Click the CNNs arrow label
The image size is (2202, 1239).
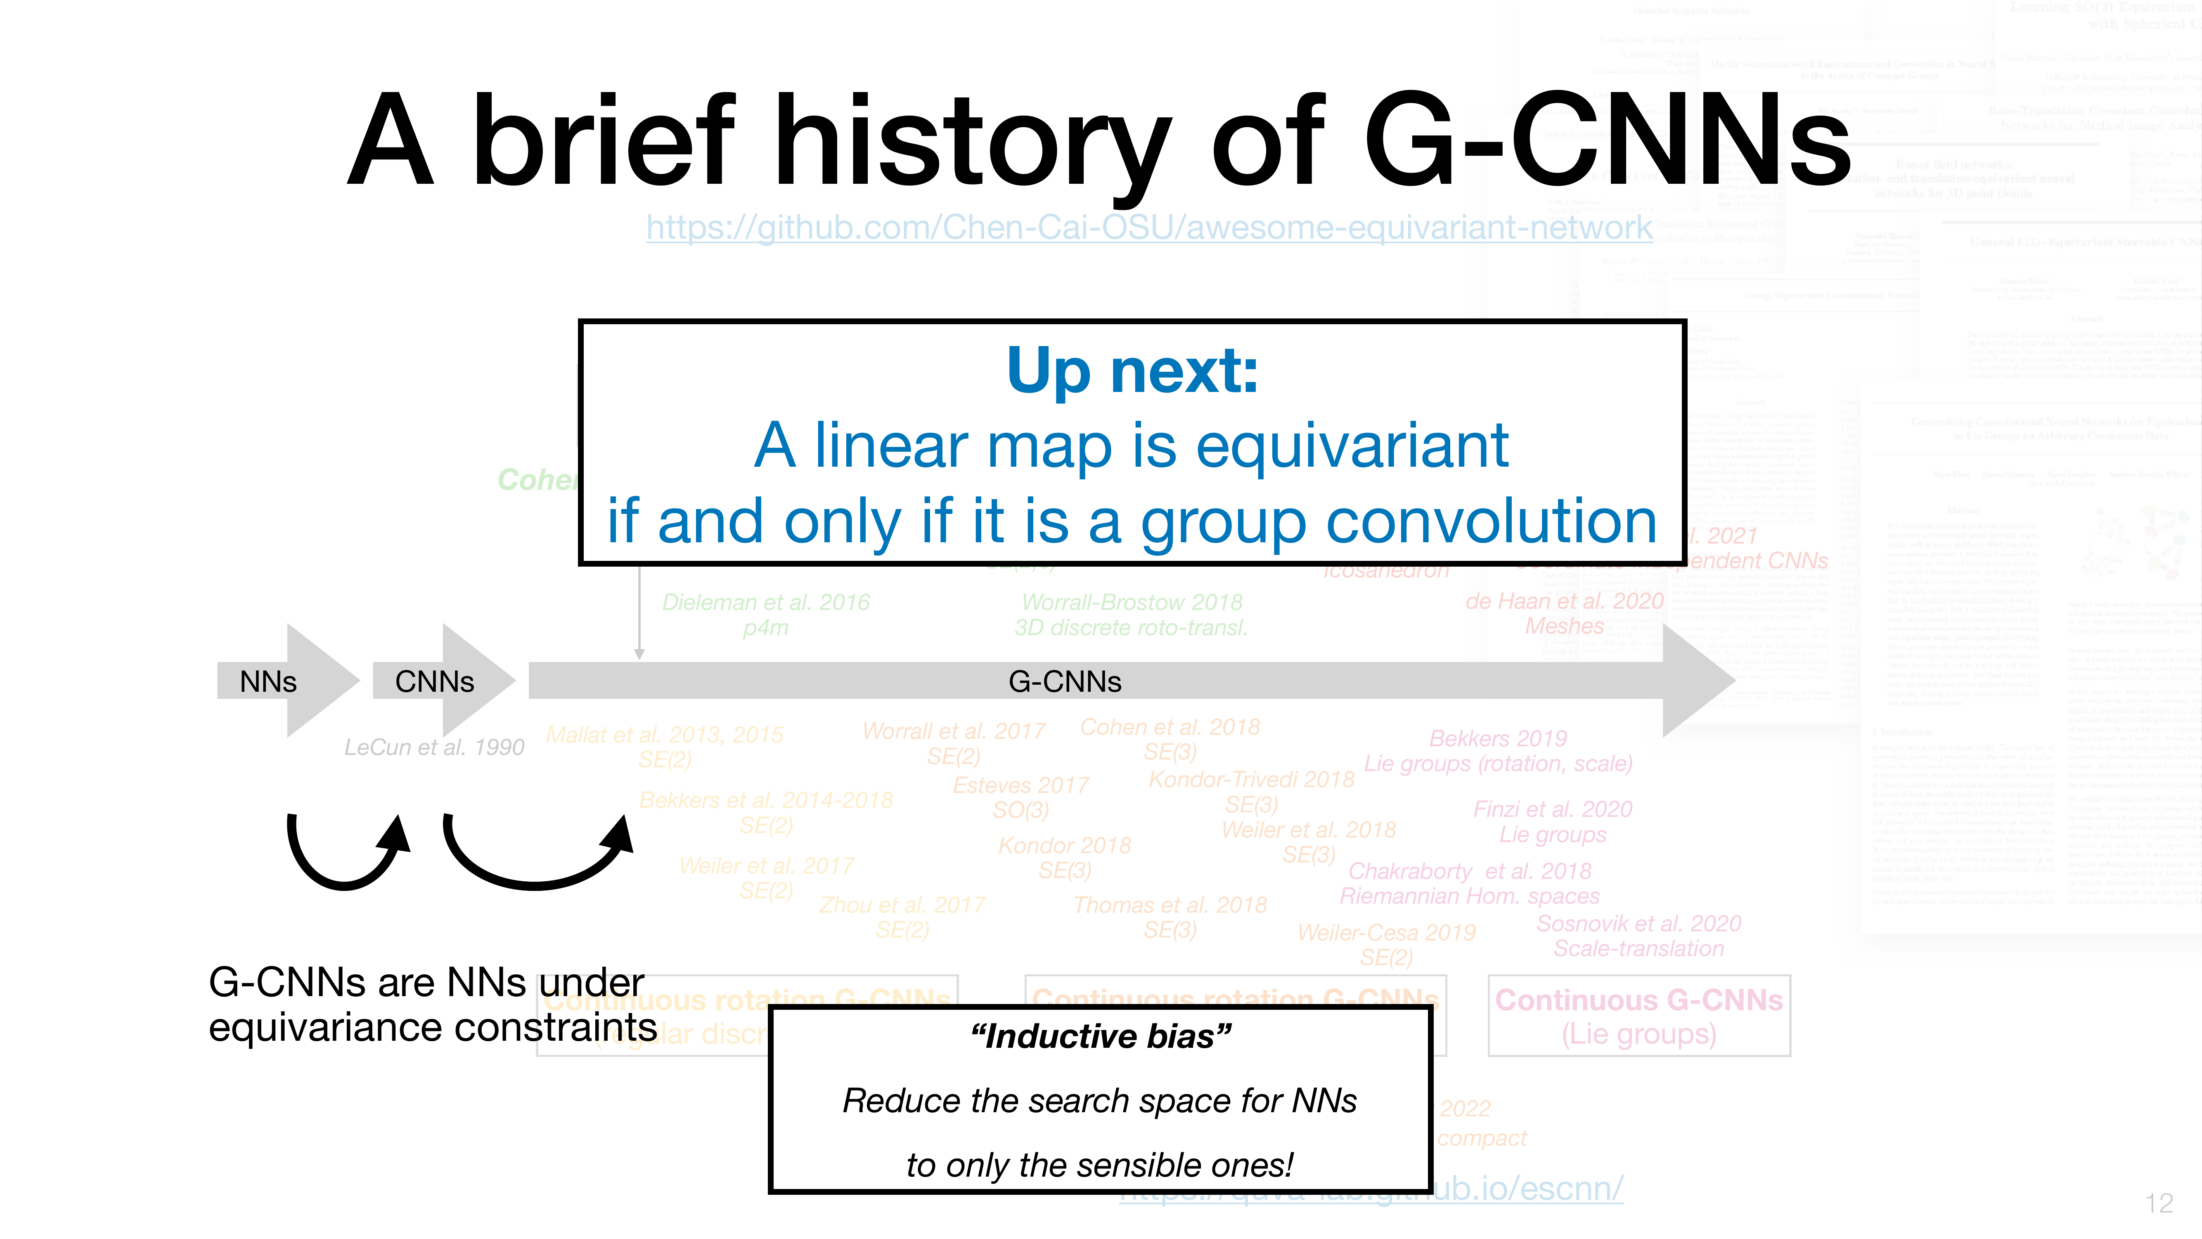point(434,681)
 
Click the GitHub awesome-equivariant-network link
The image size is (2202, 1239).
point(1149,228)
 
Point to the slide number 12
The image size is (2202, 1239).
point(2158,1203)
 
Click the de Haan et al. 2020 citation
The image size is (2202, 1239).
point(1564,601)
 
